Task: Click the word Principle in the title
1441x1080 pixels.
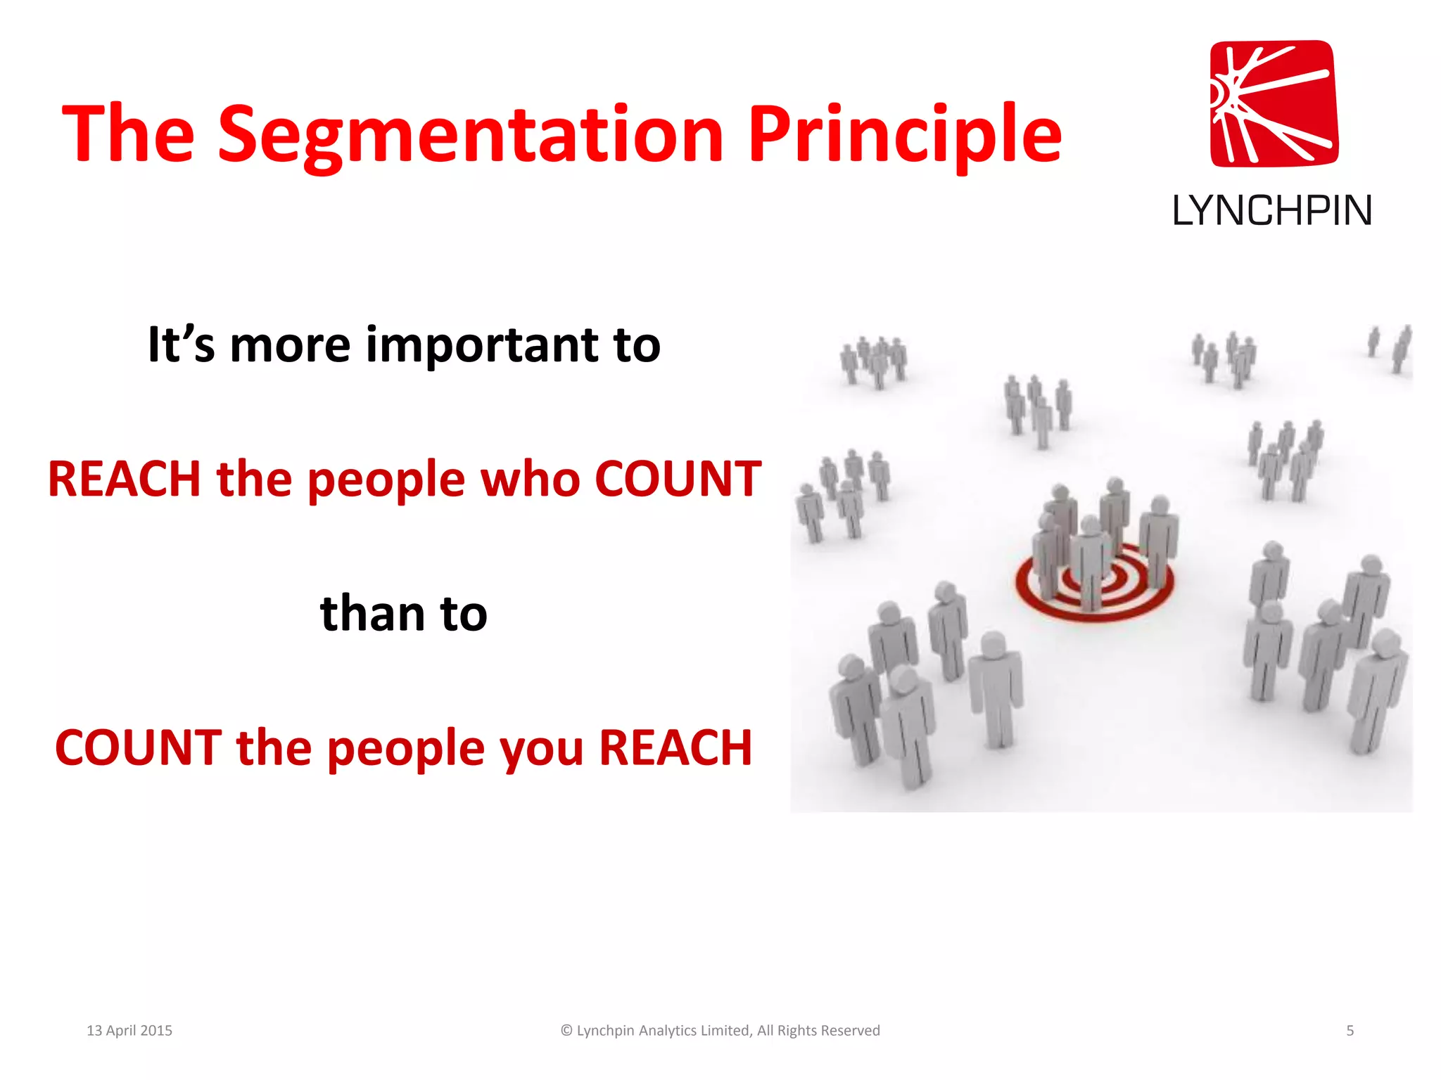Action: [904, 135]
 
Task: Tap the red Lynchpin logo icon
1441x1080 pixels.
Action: [1274, 104]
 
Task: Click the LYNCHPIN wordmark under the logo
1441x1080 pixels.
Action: [1271, 211]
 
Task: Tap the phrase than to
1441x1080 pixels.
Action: [403, 613]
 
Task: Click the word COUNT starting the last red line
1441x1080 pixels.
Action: [139, 747]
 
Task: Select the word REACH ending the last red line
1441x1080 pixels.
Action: [675, 747]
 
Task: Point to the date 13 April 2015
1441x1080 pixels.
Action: [129, 1031]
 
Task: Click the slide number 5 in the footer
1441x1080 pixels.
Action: [1350, 1031]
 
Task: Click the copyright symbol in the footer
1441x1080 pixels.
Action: [566, 1031]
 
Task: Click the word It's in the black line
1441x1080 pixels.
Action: [181, 346]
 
